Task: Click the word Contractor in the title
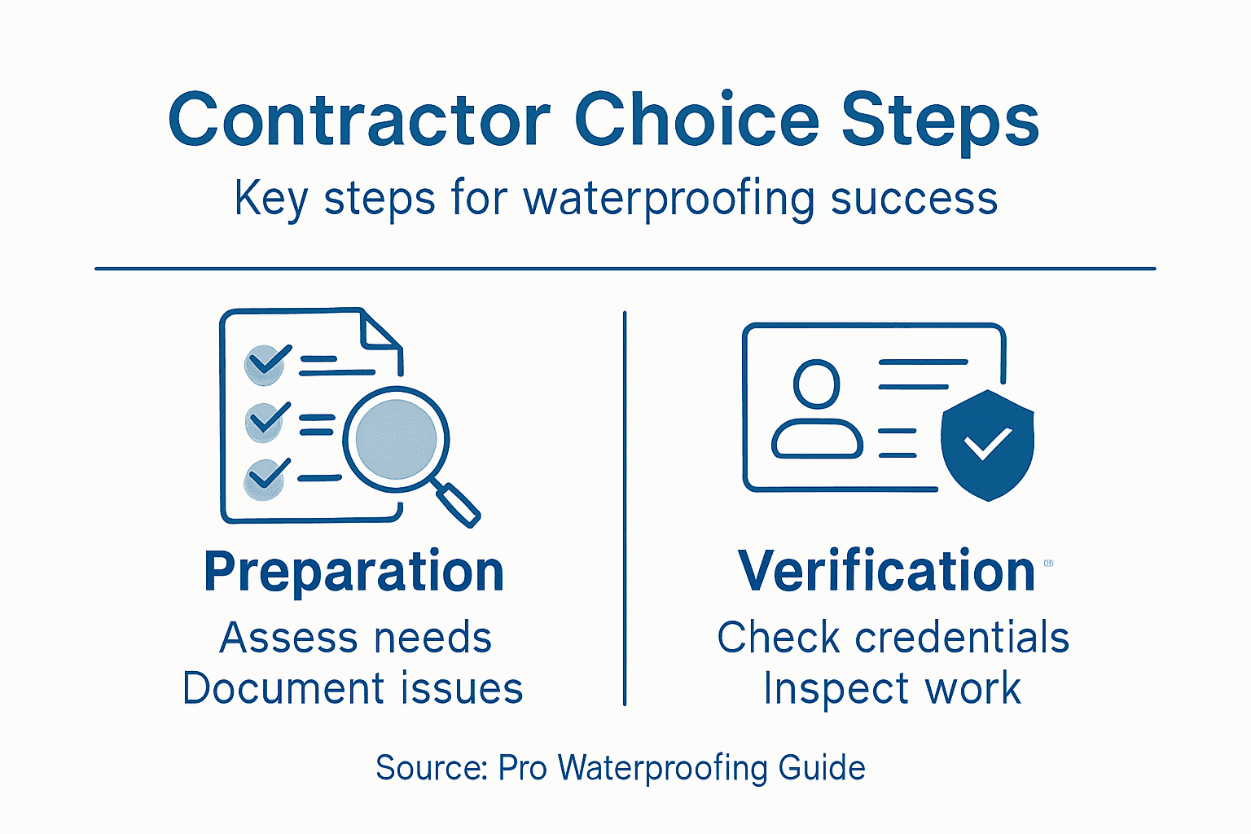coord(359,121)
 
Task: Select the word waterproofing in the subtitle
coord(668,199)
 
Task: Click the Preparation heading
coord(354,571)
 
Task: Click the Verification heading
coord(886,571)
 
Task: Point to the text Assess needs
coord(356,638)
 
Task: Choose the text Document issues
coord(353,688)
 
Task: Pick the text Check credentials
coord(893,638)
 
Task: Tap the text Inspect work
coord(892,688)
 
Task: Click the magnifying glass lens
coord(396,438)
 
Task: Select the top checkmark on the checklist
coord(267,362)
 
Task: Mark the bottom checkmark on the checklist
coord(266,476)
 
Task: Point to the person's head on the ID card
coord(816,384)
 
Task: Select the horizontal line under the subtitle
coord(625,268)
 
